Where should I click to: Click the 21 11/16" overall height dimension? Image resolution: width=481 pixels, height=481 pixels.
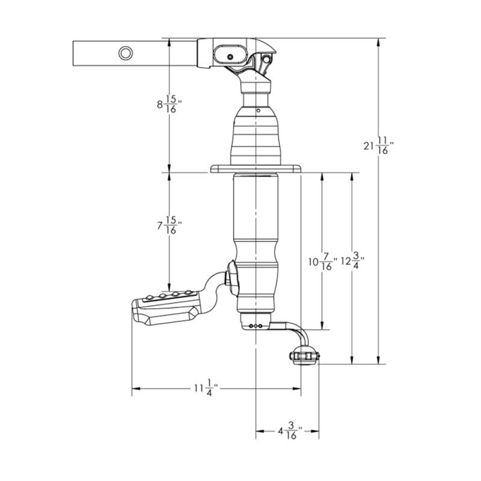point(378,146)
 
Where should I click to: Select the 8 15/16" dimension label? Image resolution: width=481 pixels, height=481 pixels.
point(170,104)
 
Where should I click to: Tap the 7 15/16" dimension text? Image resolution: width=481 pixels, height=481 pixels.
point(170,225)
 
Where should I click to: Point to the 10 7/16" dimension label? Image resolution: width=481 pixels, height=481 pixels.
point(323,262)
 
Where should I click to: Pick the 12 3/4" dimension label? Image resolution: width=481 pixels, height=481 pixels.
point(353,261)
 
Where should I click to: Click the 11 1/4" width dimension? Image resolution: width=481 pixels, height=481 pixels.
point(206,388)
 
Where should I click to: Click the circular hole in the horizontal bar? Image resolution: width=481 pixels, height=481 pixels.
point(126,54)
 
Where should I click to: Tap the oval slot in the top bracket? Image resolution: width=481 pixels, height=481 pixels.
point(230,56)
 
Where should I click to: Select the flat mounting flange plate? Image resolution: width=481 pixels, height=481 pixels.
point(256,168)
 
